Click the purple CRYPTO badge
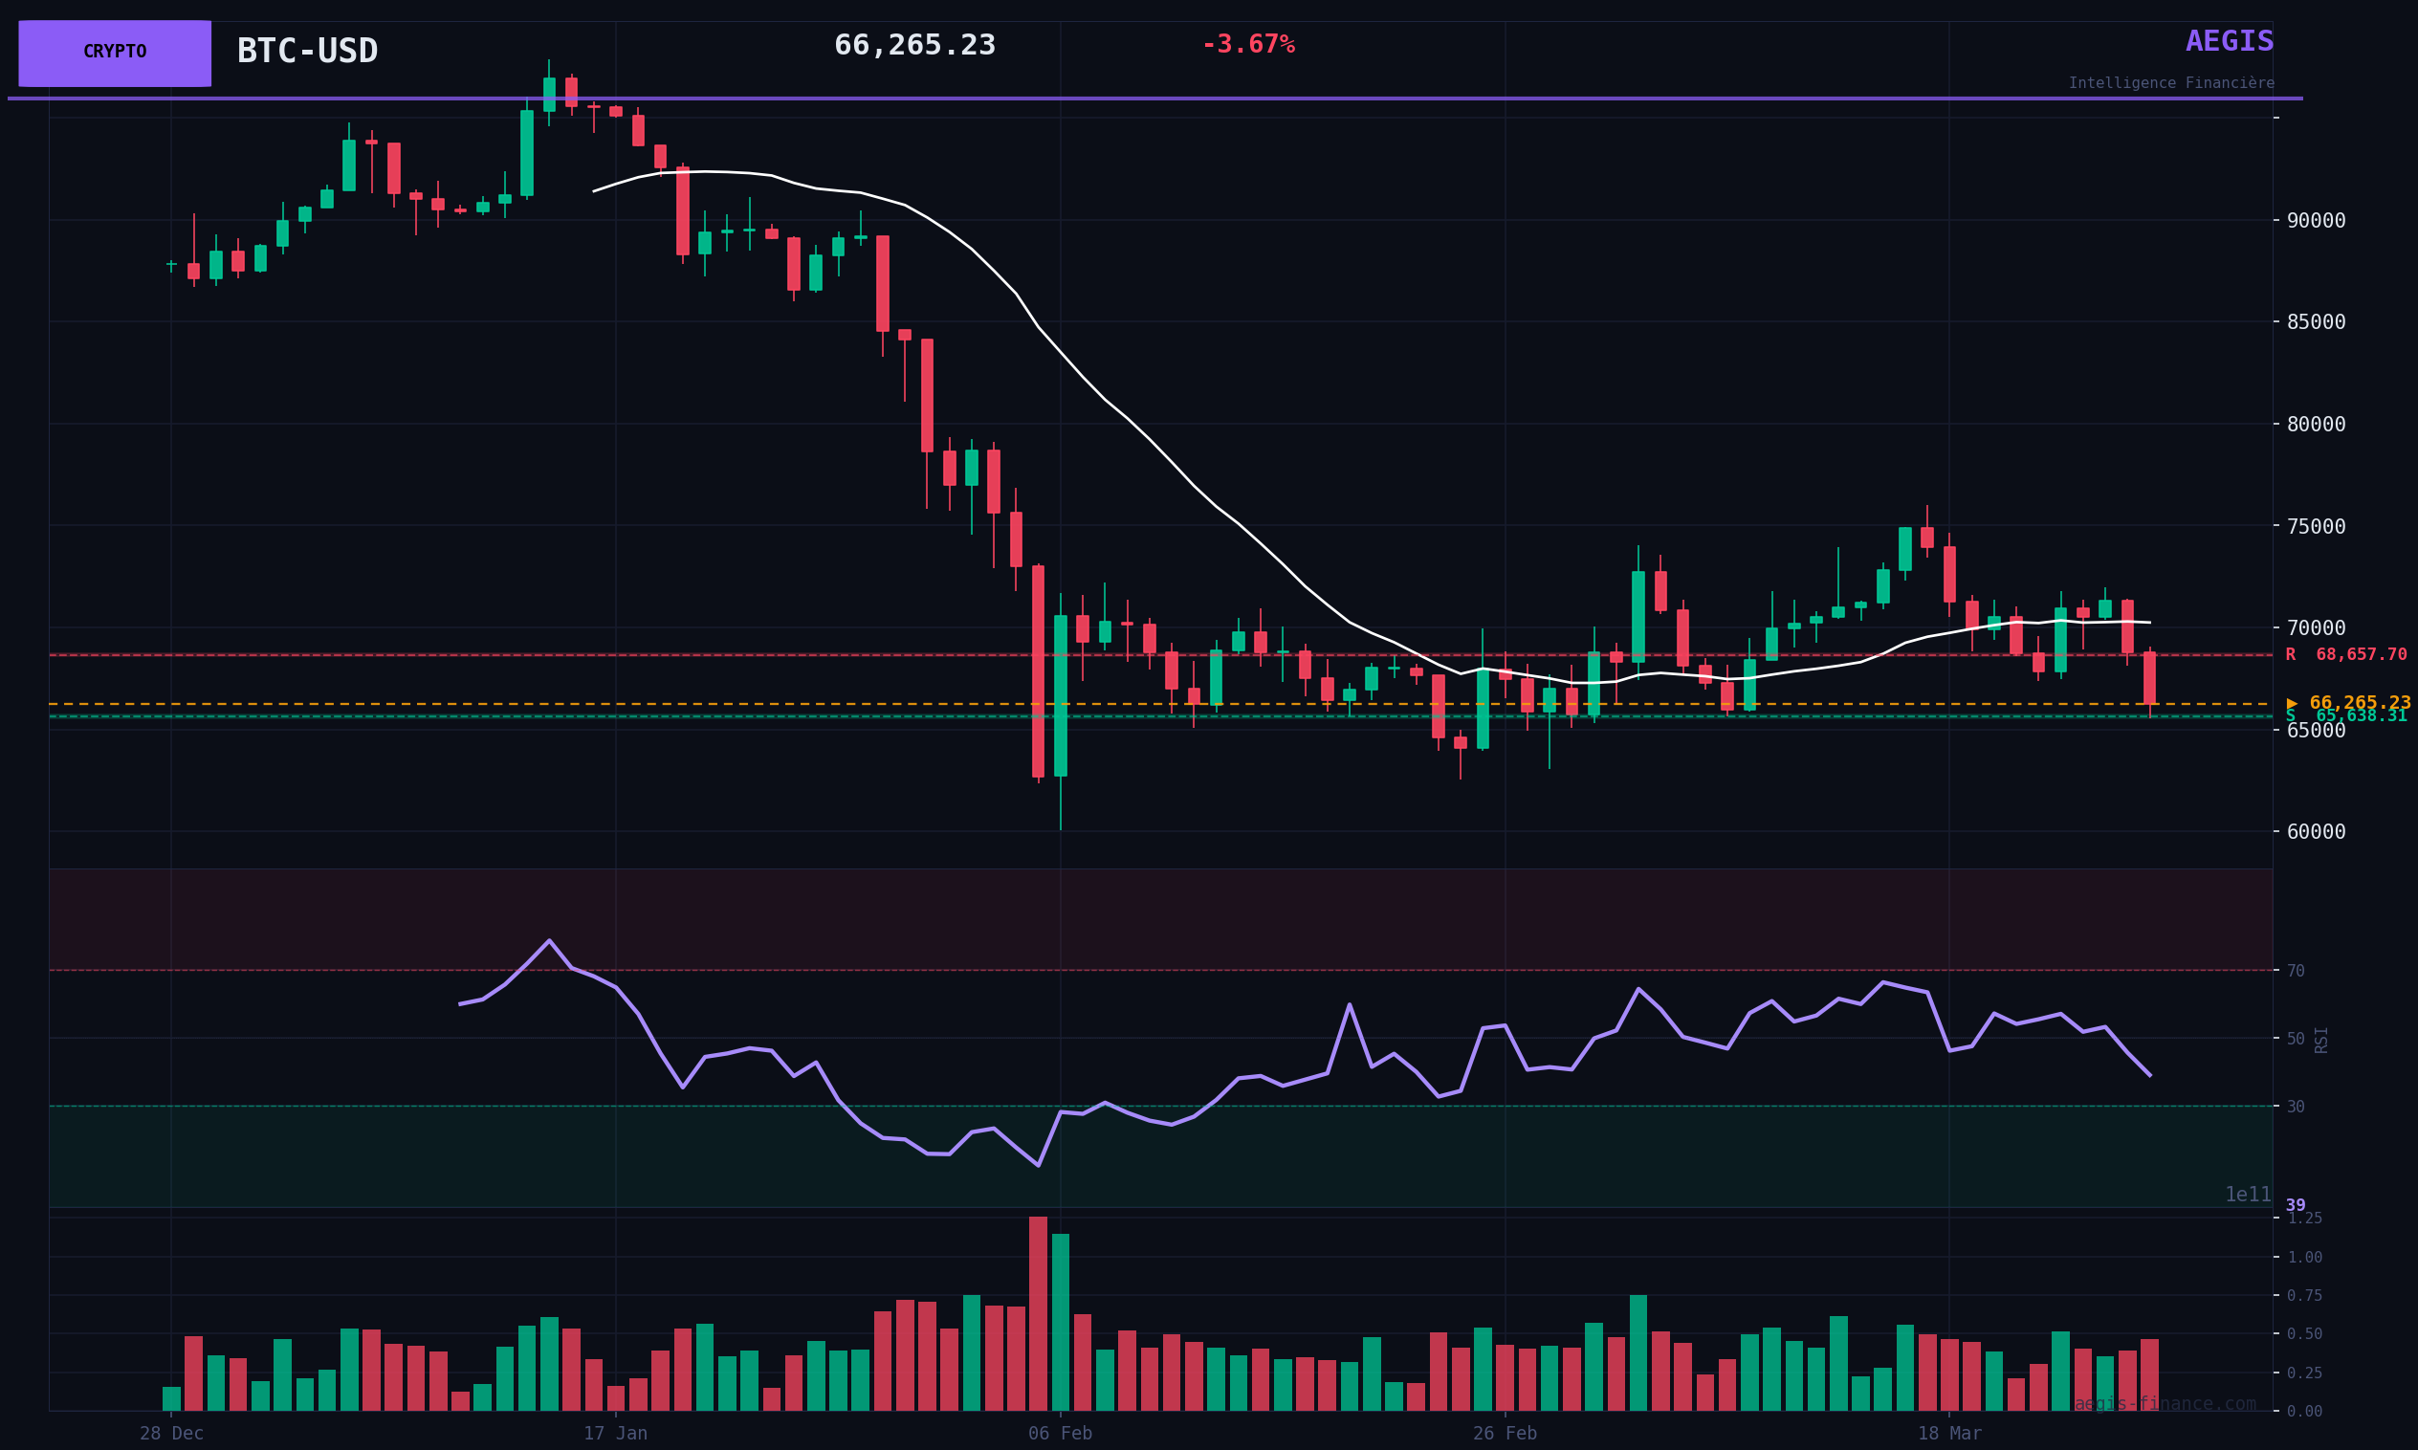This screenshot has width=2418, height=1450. coord(115,53)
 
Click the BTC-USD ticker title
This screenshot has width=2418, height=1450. coord(307,52)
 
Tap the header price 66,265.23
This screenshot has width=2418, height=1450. coord(914,46)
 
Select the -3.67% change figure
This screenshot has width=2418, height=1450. coord(1247,45)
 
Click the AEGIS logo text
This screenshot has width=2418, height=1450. coord(2229,42)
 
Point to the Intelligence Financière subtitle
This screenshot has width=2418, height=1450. coord(2171,84)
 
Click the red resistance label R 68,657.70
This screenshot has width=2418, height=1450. coord(2344,654)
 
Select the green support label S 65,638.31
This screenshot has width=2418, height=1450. coord(2344,716)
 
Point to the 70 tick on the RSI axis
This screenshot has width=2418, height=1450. coord(2295,971)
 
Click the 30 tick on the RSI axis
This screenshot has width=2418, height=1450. coord(2295,1107)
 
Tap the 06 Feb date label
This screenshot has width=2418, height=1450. coord(1060,1435)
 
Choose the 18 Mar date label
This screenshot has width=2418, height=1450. coord(1949,1435)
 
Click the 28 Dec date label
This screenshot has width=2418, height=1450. coord(172,1435)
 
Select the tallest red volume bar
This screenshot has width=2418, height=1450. coord(1038,1313)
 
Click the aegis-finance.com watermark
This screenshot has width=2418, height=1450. coord(2165,1404)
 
